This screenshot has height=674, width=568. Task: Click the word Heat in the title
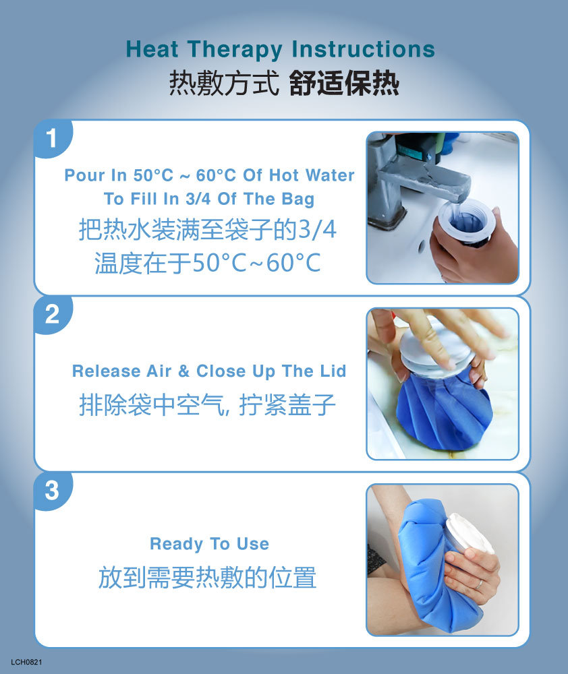(152, 49)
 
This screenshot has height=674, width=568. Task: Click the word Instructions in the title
(363, 49)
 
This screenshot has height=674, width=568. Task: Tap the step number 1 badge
(52, 138)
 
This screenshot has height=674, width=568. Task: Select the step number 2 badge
(52, 314)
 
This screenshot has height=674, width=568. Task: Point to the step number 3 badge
(52, 491)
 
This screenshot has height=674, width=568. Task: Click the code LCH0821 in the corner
(27, 662)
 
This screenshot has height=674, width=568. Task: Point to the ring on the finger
(478, 584)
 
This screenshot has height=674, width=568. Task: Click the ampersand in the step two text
(183, 371)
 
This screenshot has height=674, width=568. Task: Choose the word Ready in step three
(177, 545)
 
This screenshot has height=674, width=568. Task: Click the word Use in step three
(253, 544)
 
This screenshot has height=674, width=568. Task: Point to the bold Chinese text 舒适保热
(344, 84)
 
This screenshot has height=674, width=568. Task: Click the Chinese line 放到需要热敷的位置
(207, 578)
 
